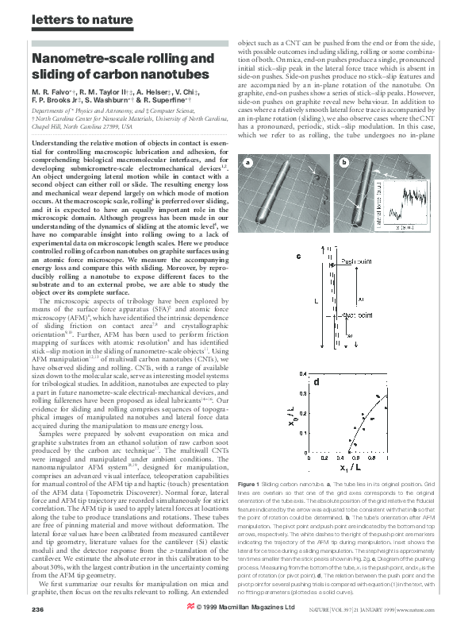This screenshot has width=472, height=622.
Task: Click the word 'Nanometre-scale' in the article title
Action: (83, 60)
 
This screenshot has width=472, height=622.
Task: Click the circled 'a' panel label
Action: (248, 163)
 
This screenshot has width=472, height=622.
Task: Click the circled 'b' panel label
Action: (343, 163)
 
